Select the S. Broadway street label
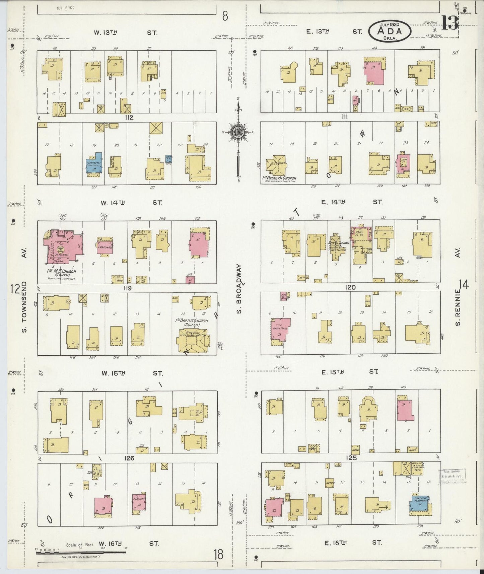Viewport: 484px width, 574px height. tap(239, 289)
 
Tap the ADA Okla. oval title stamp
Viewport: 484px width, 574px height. tap(390, 30)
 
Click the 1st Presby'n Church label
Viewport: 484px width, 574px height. tap(280, 178)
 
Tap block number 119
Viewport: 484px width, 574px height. tap(127, 288)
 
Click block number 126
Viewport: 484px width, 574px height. tap(129, 458)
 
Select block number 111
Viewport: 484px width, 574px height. tap(345, 117)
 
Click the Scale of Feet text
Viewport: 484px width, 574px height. tap(80, 545)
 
